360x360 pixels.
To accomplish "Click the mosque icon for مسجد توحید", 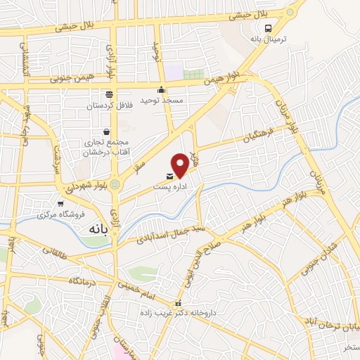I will point(162,89).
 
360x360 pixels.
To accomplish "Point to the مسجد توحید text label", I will point(162,100).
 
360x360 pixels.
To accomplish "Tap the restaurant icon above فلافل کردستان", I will point(109,94).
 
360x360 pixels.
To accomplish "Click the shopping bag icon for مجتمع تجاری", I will point(106,131).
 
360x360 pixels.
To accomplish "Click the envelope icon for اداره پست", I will point(169,175).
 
